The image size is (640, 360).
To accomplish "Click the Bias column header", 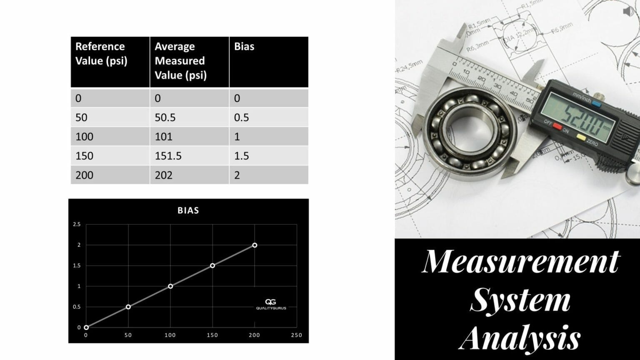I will (x=244, y=47).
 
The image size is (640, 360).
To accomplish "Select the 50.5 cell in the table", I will (x=165, y=117).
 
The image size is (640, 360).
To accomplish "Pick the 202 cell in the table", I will (x=163, y=175).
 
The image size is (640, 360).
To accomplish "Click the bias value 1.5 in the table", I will (x=241, y=156).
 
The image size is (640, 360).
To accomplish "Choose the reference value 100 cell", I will (x=84, y=137).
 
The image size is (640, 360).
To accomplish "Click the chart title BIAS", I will (x=188, y=210).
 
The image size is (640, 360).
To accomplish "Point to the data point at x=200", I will (x=255, y=245).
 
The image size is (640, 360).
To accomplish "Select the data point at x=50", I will (x=128, y=307).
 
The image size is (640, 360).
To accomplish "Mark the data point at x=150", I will (x=212, y=265).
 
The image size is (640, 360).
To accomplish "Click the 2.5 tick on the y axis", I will (x=77, y=225).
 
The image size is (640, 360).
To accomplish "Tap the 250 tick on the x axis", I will (x=296, y=335).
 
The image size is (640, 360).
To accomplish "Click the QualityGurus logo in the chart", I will (x=271, y=304).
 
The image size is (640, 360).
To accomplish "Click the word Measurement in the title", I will (x=521, y=262).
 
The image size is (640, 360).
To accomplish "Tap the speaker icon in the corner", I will (x=628, y=11).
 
